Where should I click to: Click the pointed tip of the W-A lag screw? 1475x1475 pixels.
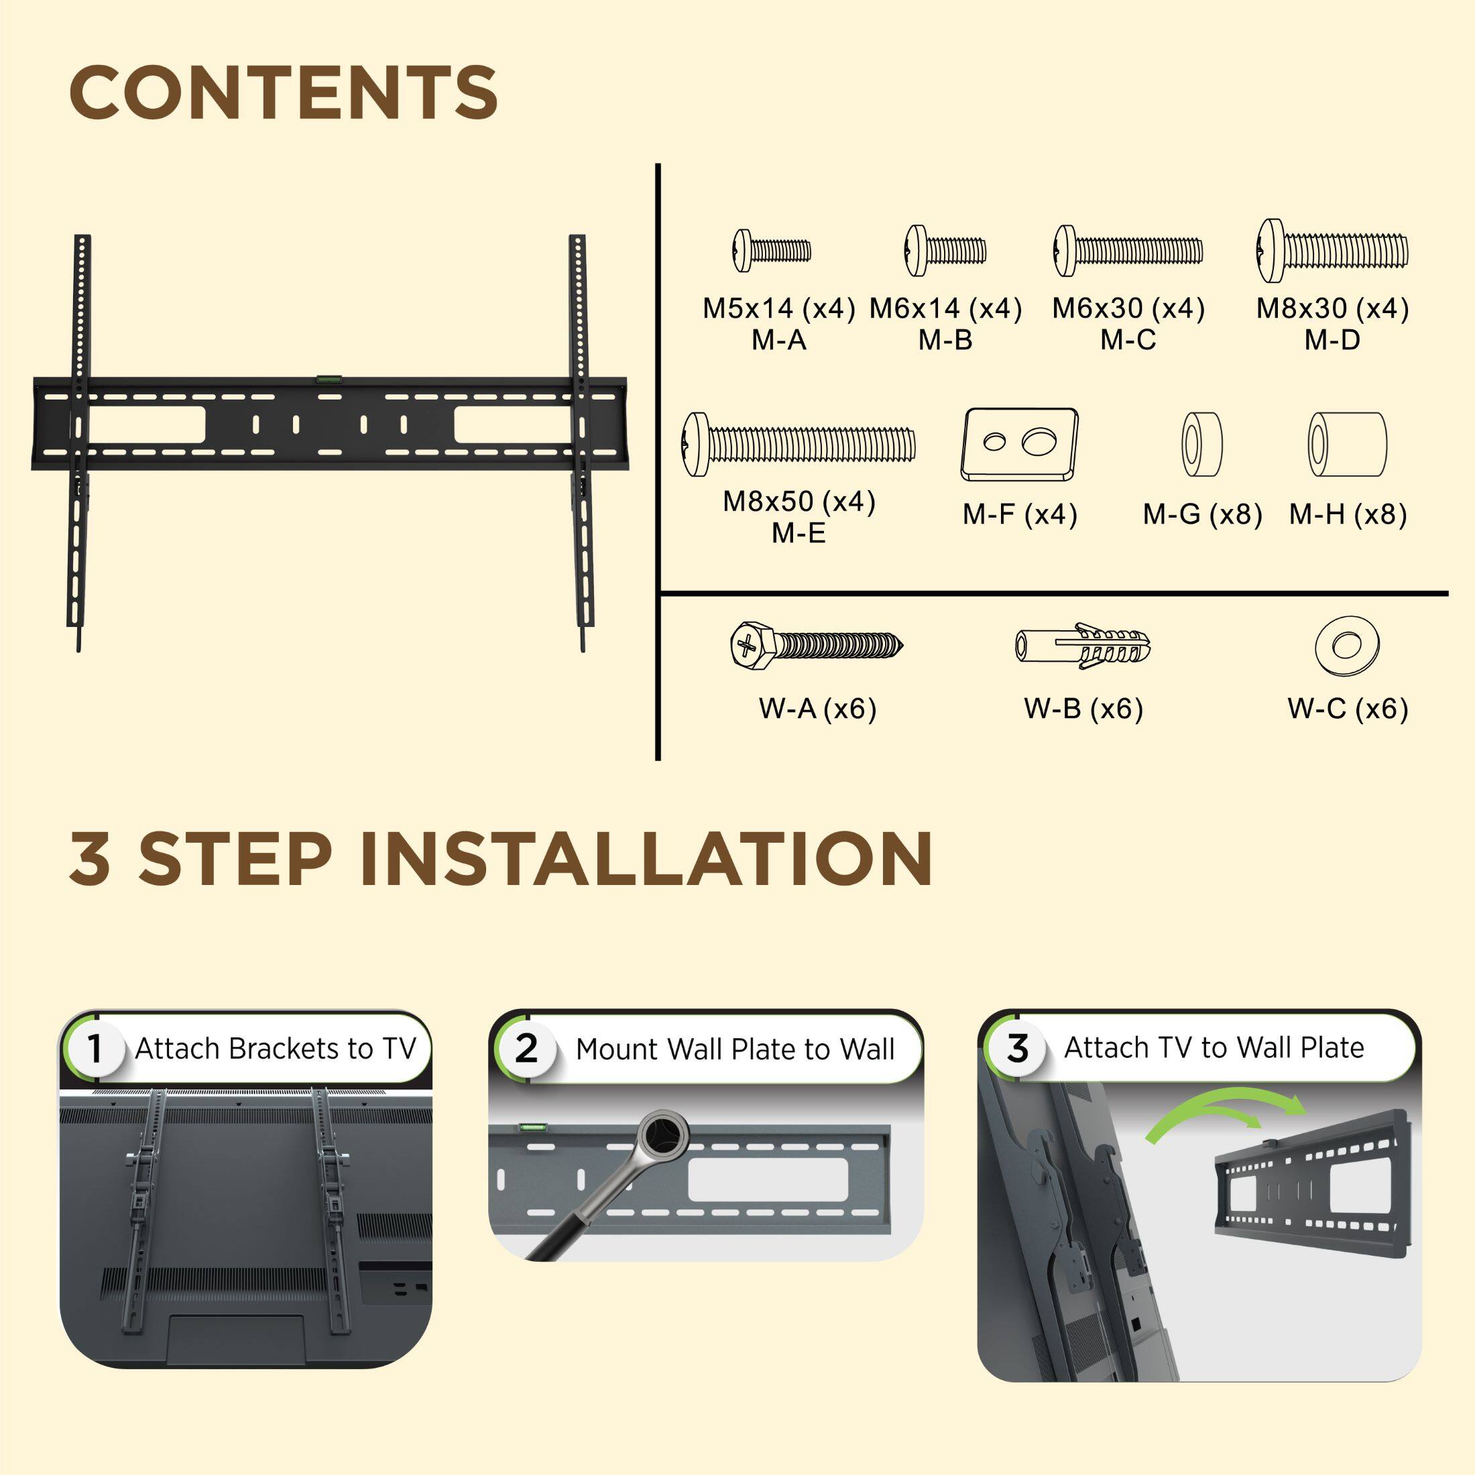(903, 646)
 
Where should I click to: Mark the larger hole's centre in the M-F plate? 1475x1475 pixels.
(1039, 441)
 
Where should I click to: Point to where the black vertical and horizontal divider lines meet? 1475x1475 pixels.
(658, 593)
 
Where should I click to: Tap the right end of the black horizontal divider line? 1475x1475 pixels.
(1448, 593)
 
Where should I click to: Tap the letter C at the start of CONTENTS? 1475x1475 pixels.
(95, 93)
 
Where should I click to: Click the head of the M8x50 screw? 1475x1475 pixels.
(697, 445)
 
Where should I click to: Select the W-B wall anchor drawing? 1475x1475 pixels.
(1083, 646)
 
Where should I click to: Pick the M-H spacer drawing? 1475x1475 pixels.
(1347, 445)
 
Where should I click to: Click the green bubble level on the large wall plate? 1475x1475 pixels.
(330, 375)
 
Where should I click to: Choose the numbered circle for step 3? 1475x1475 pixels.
(1017, 1048)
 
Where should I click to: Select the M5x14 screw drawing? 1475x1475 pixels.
(772, 249)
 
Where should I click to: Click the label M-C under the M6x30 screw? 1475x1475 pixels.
(1128, 340)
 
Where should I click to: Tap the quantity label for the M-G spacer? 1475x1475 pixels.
(1202, 514)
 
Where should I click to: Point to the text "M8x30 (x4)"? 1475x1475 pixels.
(1332, 308)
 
